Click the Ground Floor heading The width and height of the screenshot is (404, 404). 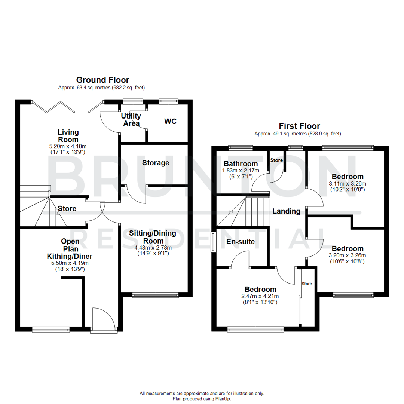coord(102,80)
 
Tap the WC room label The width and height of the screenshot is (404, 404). coord(170,122)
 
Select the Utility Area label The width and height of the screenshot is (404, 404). coord(131,120)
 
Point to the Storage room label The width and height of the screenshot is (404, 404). coord(156,163)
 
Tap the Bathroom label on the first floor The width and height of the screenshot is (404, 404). coord(241,164)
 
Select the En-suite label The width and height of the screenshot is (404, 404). coord(240,242)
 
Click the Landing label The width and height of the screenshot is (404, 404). coord(286,211)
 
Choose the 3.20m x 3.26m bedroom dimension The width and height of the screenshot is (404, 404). coord(348,255)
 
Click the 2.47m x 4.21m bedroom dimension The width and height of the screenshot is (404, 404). coord(260,296)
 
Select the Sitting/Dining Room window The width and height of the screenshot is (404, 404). coord(155,296)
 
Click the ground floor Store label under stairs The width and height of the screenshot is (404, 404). coord(67,209)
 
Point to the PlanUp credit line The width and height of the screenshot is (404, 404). coord(202,399)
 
